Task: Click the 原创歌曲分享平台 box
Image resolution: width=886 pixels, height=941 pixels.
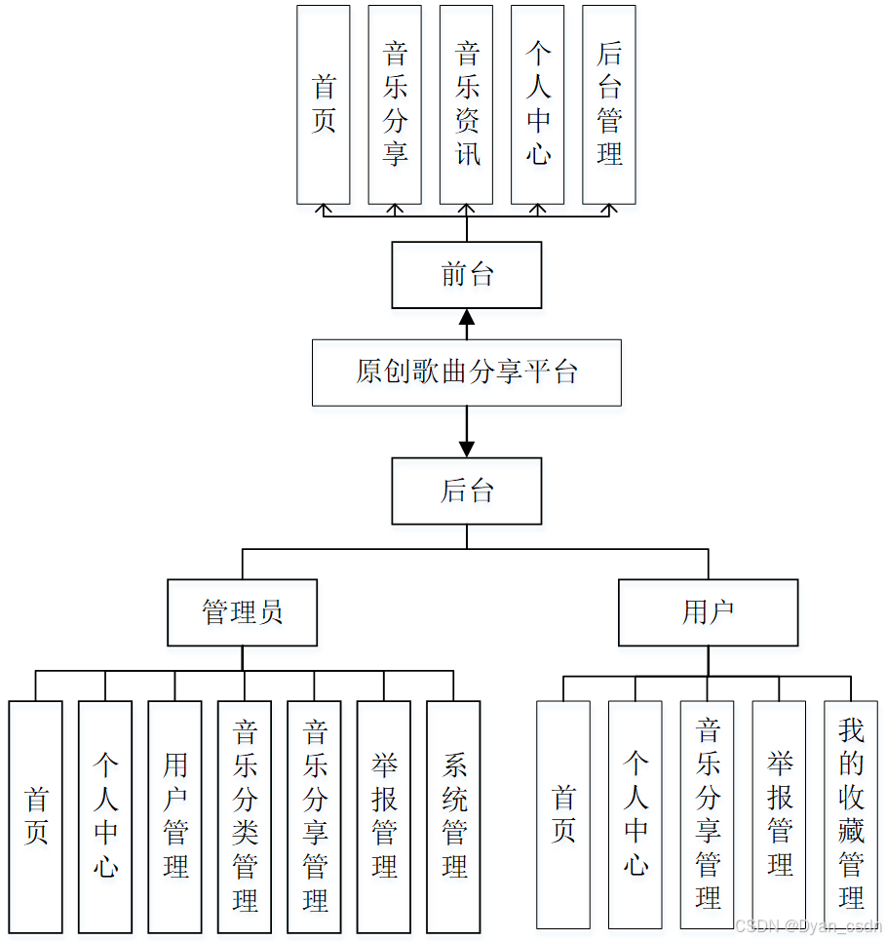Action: click(x=466, y=372)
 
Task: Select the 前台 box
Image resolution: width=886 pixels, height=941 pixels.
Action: click(x=466, y=275)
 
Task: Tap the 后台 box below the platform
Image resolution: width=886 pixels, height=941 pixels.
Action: click(x=466, y=490)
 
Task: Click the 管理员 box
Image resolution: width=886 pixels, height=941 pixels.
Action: click(x=242, y=612)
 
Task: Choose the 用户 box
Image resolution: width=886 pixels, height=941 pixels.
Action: click(x=708, y=612)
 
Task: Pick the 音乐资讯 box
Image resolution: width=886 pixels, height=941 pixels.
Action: click(x=466, y=104)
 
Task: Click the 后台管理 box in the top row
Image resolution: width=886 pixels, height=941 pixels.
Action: click(x=609, y=104)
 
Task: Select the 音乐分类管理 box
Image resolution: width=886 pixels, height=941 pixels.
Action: click(x=245, y=816)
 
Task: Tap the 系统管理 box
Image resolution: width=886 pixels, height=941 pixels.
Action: click(x=453, y=816)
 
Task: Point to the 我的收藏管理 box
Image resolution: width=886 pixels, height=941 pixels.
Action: click(x=851, y=814)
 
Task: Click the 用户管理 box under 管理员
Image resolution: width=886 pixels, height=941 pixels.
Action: click(x=175, y=816)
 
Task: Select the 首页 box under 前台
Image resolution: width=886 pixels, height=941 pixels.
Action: click(x=324, y=104)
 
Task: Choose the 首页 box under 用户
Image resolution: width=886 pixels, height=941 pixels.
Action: click(x=563, y=814)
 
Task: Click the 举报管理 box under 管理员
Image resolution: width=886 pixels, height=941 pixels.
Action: click(x=384, y=816)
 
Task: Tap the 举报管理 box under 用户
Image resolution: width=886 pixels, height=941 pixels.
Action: click(x=779, y=814)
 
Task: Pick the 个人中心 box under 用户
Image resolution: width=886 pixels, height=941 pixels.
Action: click(x=636, y=814)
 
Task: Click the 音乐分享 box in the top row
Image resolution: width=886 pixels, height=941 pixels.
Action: click(x=395, y=104)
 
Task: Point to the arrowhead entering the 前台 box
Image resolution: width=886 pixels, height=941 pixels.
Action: click(x=467, y=318)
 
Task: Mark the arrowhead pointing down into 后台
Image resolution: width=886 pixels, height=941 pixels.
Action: click(x=467, y=449)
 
